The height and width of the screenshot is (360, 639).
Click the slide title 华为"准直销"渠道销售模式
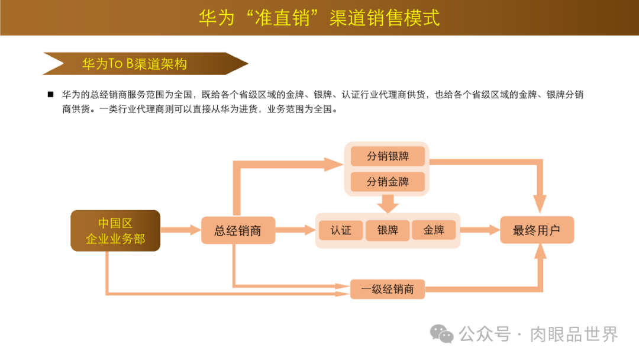pyautogui.click(x=319, y=17)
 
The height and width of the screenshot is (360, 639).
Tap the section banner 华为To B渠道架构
pyautogui.click(x=135, y=64)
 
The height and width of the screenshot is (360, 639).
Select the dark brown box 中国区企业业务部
pyautogui.click(x=115, y=231)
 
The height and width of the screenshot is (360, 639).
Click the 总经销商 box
pyautogui.click(x=238, y=230)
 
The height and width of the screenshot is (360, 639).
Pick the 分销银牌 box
pyautogui.click(x=388, y=156)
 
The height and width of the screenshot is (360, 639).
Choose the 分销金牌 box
pyautogui.click(x=388, y=182)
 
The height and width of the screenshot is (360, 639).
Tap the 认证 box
pyautogui.click(x=341, y=230)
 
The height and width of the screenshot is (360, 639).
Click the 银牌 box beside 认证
pyautogui.click(x=388, y=230)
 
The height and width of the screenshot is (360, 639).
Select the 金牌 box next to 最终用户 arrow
pyautogui.click(x=434, y=230)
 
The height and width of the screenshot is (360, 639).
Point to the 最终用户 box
pyautogui.click(x=537, y=230)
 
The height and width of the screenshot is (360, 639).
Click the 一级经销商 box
pyautogui.click(x=388, y=289)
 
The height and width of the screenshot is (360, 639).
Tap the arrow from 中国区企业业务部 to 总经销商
pyautogui.click(x=180, y=230)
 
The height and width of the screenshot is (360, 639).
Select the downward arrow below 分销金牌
pyautogui.click(x=388, y=204)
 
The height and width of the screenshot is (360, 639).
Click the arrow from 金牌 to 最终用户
pyautogui.click(x=480, y=230)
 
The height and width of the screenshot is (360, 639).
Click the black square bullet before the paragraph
pyautogui.click(x=50, y=95)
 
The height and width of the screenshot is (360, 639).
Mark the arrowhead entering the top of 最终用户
pyautogui.click(x=540, y=204)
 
